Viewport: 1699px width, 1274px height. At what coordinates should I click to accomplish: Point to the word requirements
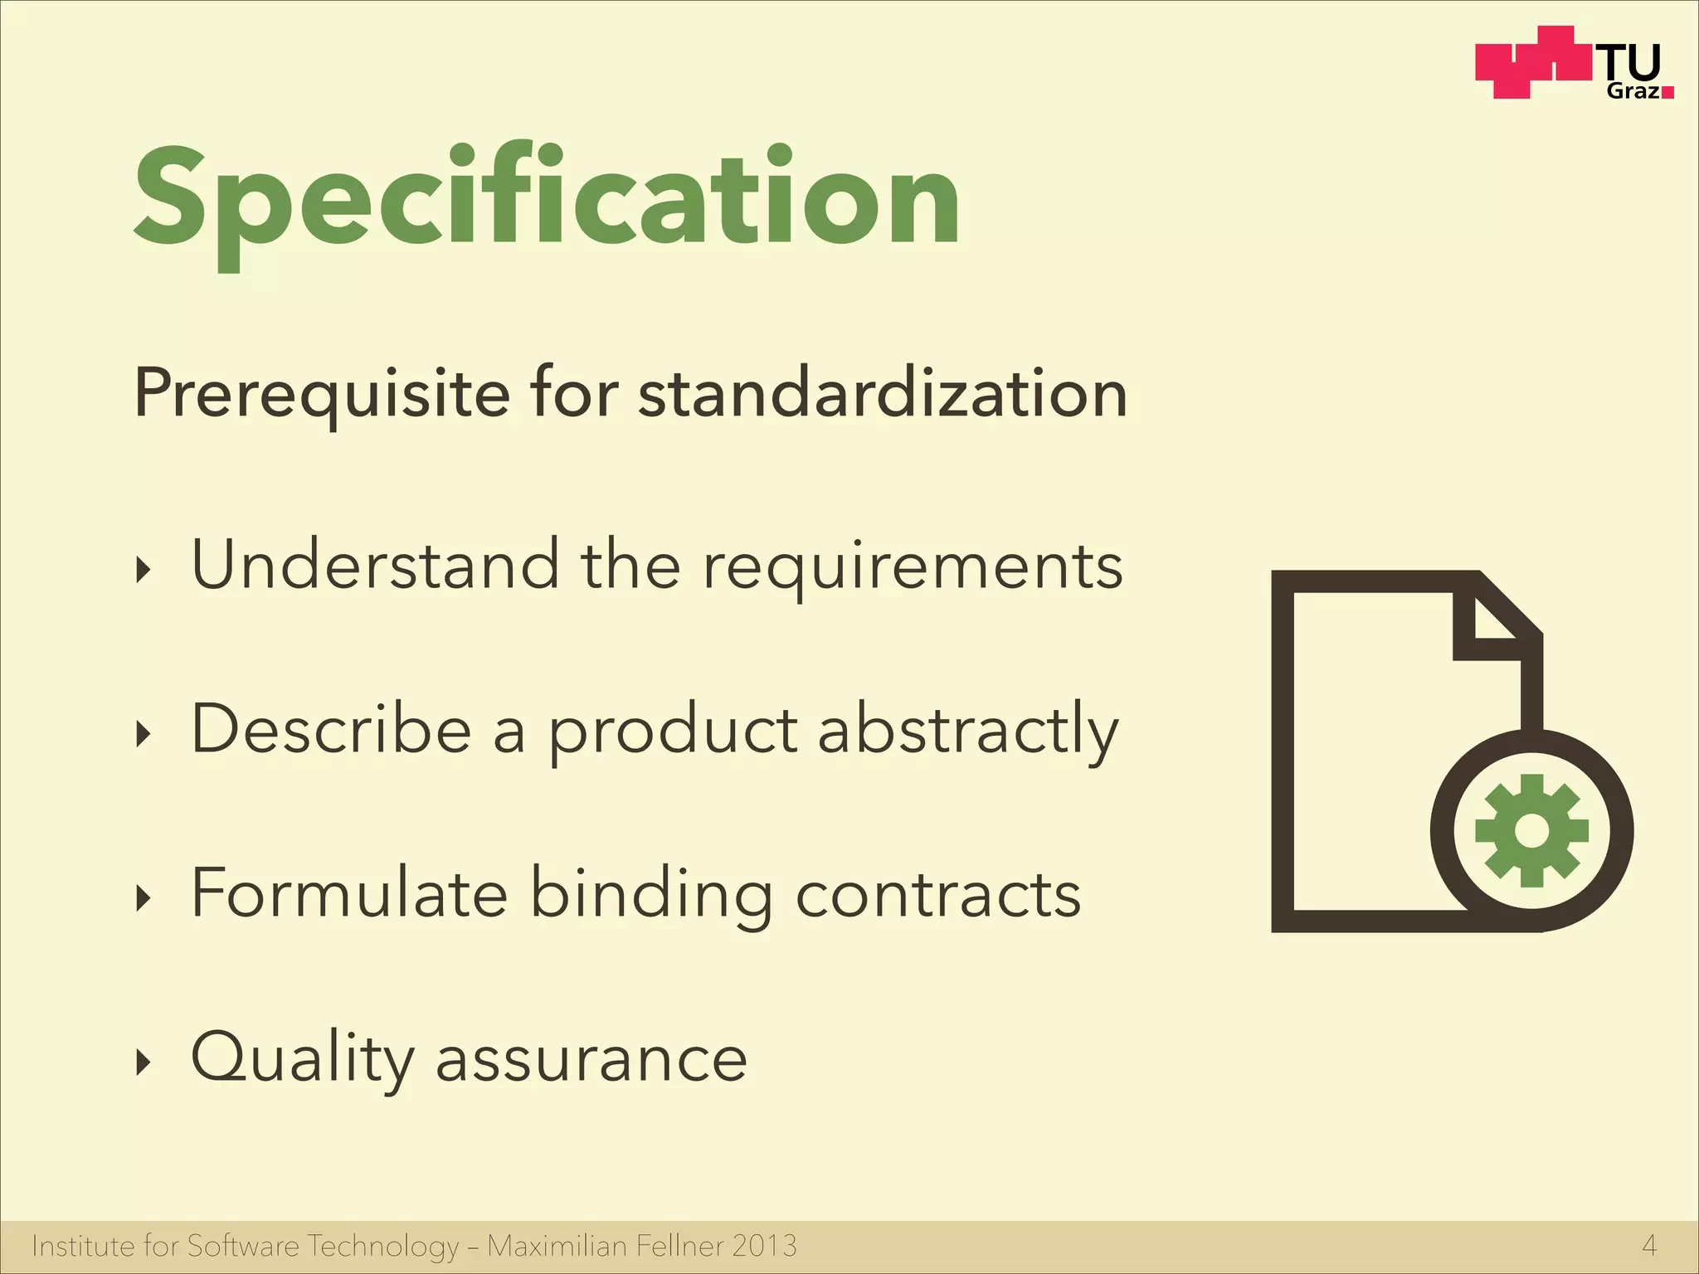(x=913, y=568)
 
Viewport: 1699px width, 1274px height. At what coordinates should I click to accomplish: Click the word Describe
(x=331, y=729)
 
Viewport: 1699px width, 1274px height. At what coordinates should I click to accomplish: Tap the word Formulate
(x=349, y=893)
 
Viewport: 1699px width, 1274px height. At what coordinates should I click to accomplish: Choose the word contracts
(x=938, y=895)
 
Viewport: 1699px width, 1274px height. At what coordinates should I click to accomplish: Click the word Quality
(x=302, y=1059)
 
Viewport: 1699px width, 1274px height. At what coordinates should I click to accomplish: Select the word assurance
(x=591, y=1061)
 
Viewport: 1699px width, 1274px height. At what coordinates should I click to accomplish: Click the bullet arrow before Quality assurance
(x=144, y=1062)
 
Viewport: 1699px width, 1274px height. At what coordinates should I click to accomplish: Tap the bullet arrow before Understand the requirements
(x=144, y=570)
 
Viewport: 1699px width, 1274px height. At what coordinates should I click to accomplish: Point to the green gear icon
(x=1531, y=830)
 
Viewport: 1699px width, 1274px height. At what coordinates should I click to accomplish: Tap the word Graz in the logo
(x=1633, y=91)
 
